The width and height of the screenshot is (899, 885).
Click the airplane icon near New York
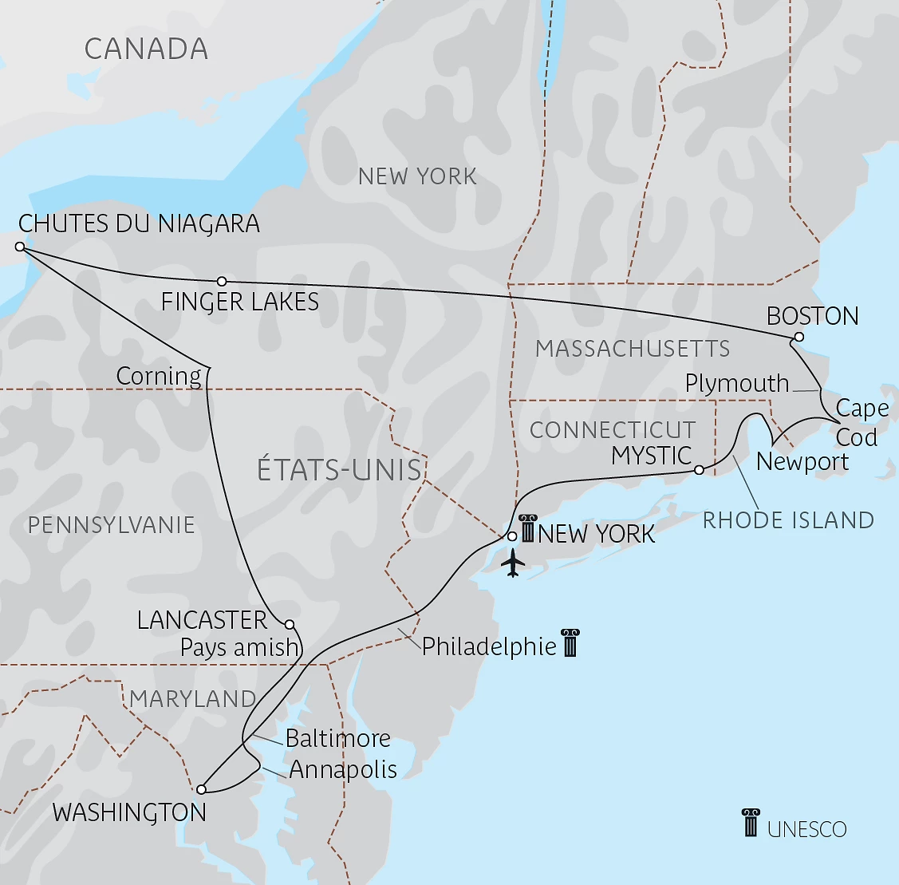coord(514,563)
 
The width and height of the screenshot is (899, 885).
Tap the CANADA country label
coord(146,49)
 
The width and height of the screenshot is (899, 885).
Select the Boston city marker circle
coord(798,337)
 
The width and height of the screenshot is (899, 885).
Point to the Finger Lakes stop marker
coord(222,281)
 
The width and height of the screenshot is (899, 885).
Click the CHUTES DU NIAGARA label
coord(139,223)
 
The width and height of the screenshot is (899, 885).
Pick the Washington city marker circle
coord(201,789)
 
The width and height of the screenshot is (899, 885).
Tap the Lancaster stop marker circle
coord(290,624)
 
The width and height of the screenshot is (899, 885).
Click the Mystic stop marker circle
coord(699,469)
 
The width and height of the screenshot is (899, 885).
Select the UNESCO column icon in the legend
coord(751,823)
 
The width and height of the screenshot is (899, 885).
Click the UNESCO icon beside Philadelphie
coord(570,642)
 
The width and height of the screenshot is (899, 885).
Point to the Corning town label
coord(159,376)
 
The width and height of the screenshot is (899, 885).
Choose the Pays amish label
coord(239,647)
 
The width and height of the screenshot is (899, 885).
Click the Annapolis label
coord(343,769)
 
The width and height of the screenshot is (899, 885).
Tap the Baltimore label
coord(338,738)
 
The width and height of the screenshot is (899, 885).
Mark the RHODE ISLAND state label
coord(788,520)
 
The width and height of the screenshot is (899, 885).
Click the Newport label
coord(802,461)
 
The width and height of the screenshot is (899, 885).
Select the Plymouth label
coord(736,383)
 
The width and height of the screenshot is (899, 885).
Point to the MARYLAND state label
coord(192,699)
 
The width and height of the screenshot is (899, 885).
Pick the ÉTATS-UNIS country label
coord(339,469)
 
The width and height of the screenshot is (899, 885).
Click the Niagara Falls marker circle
coord(20,247)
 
